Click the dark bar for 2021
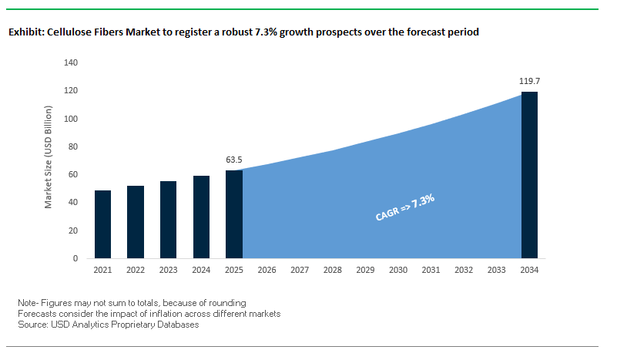[103, 224]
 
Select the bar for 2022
[136, 222]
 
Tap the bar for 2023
[169, 220]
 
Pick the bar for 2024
[201, 217]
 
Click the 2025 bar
[234, 214]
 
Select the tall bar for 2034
[530, 175]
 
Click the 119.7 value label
[530, 80]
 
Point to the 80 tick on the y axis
[72, 146]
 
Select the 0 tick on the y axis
[75, 258]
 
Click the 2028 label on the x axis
[333, 271]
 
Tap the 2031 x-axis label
[431, 271]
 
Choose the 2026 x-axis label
[267, 271]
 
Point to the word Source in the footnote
[32, 325]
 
